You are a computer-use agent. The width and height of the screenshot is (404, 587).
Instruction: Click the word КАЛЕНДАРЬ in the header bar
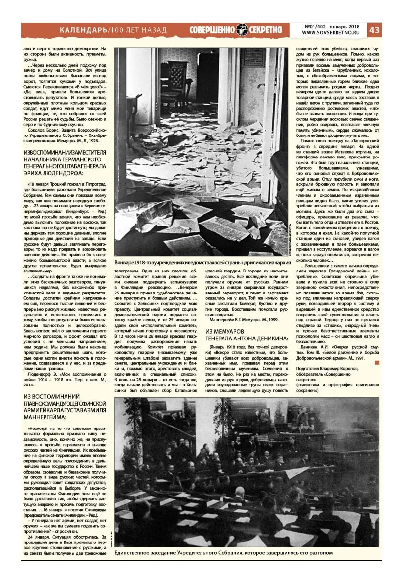click(x=83, y=30)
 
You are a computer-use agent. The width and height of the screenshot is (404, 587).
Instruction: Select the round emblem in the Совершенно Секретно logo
click(x=244, y=30)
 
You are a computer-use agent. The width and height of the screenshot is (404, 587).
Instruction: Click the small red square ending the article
click(x=376, y=362)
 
